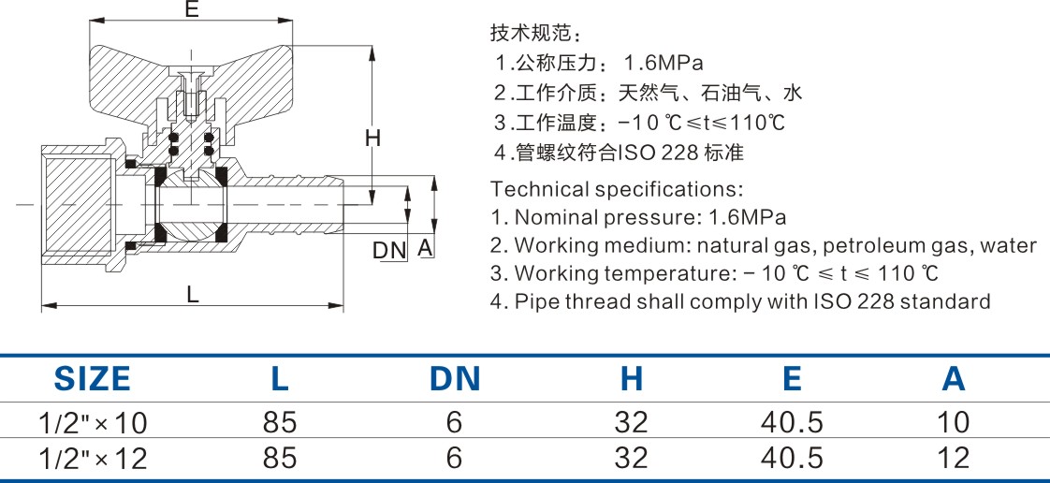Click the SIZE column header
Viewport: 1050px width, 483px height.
coord(92,379)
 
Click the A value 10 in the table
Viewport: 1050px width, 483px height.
coord(954,423)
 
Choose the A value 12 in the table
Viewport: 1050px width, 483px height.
coord(954,458)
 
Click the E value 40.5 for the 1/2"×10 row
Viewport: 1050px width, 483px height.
coord(792,423)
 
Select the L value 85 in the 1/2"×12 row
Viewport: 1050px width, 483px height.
coord(280,458)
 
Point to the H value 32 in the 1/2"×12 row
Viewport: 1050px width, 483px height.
coord(632,458)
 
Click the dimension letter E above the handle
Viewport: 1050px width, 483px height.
coord(191,11)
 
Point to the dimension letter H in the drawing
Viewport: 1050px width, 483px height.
coord(372,139)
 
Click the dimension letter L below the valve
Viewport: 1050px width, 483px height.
coord(192,294)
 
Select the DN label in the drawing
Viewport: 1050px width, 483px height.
coord(389,250)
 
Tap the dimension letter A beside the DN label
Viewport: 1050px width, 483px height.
coord(423,248)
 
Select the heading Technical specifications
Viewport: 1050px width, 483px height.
coord(617,189)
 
